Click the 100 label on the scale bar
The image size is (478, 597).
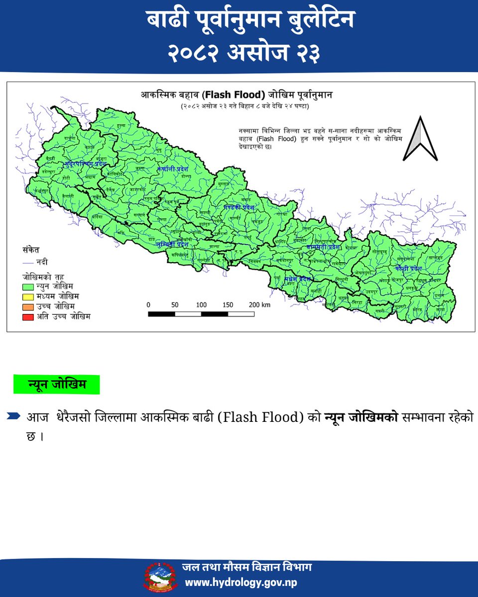[201, 304]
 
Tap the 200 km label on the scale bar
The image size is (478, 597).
[258, 304]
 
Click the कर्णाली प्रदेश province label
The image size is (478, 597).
[173, 169]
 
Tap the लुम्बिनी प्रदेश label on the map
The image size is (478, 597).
[172, 245]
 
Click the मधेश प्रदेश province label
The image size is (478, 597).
[298, 280]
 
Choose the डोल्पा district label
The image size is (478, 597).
[186, 177]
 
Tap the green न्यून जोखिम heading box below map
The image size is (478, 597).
[56, 385]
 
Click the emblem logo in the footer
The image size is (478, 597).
[162, 577]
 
